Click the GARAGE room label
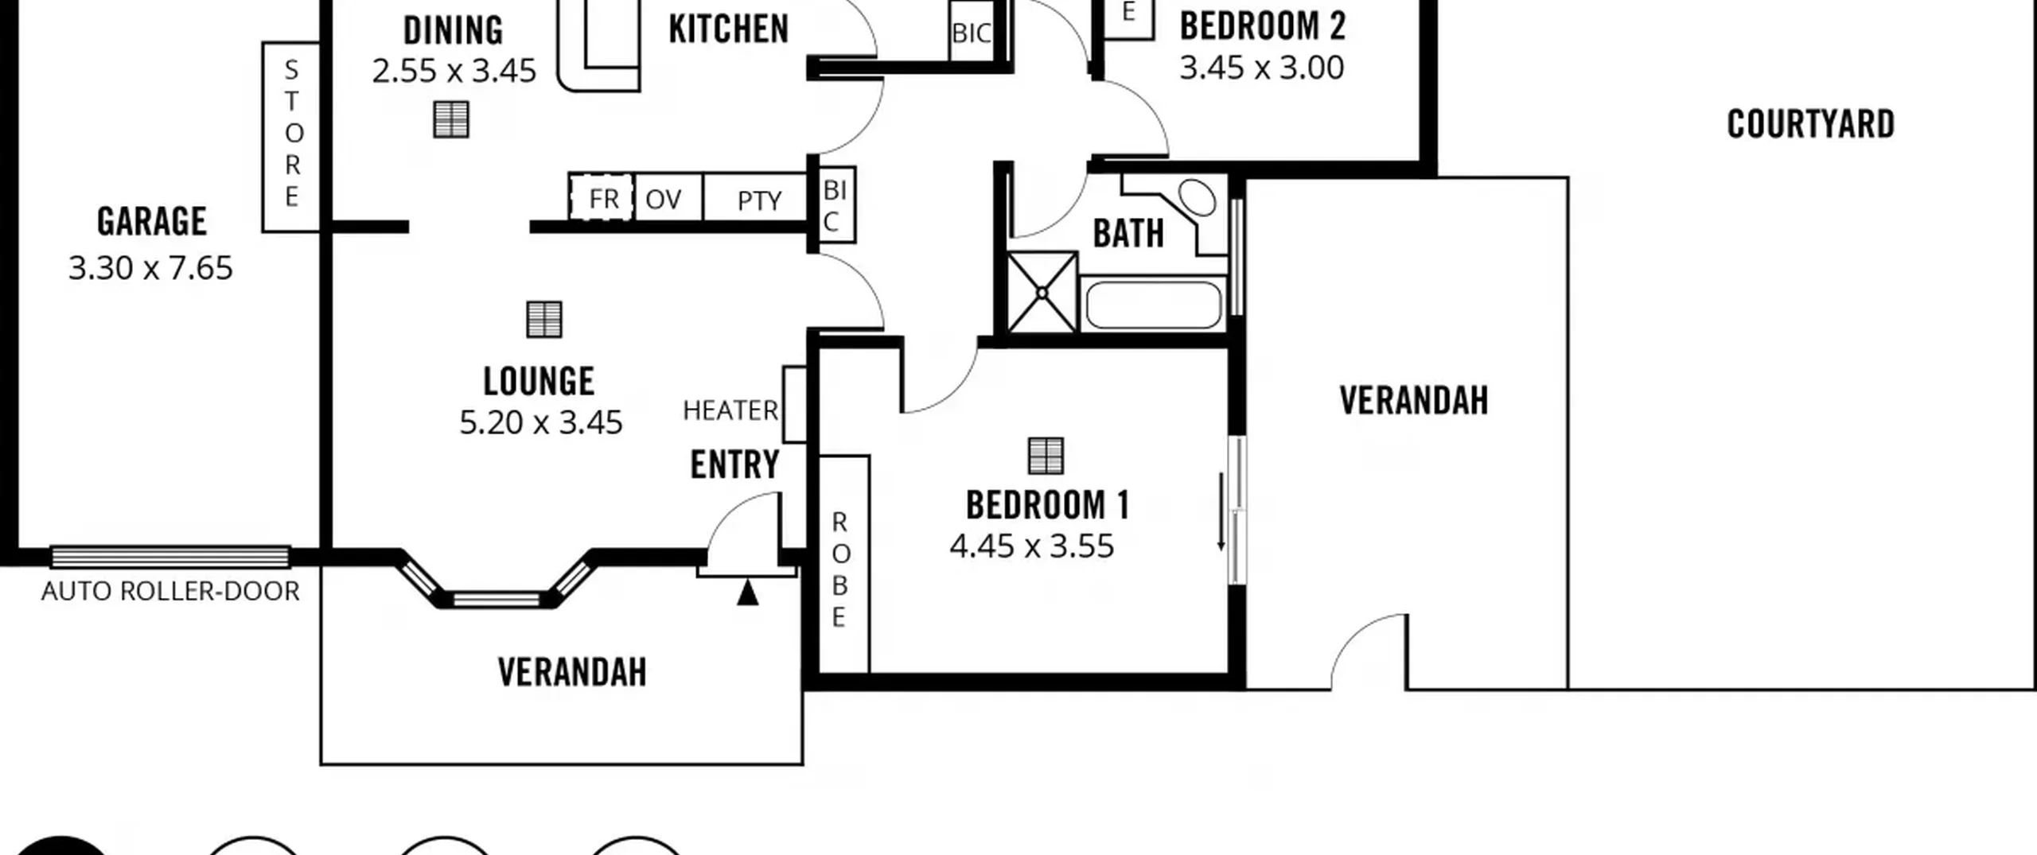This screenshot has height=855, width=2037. coord(152,221)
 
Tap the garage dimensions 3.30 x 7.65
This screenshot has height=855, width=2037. coord(150,268)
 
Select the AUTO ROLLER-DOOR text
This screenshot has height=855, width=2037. coord(170,591)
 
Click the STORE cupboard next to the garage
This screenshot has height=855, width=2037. coord(291,137)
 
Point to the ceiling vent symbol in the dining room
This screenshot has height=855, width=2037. coord(451,119)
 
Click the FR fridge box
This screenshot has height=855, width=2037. coord(602,197)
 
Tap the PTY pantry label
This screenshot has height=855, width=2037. coord(759,200)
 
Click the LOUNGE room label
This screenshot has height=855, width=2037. coord(539,381)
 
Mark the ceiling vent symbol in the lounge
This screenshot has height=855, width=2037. coord(544,320)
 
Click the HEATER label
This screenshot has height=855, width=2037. coord(730,410)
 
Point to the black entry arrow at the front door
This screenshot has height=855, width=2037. coord(747,593)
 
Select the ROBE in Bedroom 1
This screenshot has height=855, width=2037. coord(844,564)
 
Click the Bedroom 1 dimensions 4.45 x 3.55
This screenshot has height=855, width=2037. coord(1032,546)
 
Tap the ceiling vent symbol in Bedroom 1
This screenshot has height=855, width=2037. coord(1046,456)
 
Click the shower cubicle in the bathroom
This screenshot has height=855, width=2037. coord(1042,293)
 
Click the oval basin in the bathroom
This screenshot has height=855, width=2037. coord(1197,198)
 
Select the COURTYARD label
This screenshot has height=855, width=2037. coord(1811,124)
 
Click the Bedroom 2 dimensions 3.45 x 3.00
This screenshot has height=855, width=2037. coord(1262,68)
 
